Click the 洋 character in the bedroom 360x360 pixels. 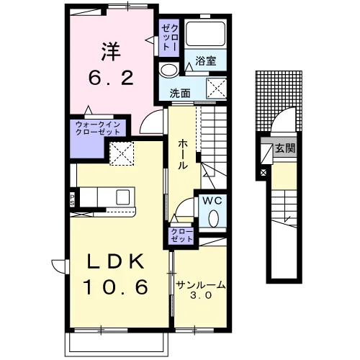pos(111,51)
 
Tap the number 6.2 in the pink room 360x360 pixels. pos(111,78)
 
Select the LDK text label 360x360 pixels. pos(116,261)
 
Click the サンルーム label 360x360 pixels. pos(201,285)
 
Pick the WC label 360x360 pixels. pos(212,201)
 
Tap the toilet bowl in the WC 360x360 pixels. pos(213,218)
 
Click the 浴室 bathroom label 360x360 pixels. pos(206,61)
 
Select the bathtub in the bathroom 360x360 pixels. pos(206,34)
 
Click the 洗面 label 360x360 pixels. pos(180,93)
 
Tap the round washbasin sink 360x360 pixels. pos(168,70)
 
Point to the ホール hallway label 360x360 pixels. pos(183,155)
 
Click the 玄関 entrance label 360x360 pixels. pos(285,148)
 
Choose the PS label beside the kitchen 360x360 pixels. pos(72,200)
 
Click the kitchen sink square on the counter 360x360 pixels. pos(123,197)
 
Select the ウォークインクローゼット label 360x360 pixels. pos(98,128)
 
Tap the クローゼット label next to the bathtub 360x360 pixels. pos(170,37)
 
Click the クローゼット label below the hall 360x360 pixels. pos(181,235)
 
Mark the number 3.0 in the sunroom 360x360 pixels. pos(201,295)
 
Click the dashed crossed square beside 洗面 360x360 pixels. pos(217,88)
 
